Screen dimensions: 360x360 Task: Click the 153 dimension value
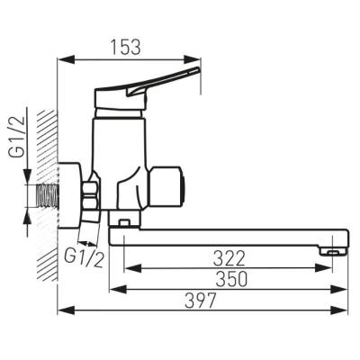click(x=125, y=47)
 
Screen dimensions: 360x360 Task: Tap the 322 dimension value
click(x=229, y=258)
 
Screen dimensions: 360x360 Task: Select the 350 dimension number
click(x=232, y=279)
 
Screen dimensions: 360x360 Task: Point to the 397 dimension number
click(x=200, y=300)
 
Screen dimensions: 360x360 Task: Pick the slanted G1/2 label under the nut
click(x=85, y=257)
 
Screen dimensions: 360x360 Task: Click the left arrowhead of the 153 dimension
click(x=66, y=59)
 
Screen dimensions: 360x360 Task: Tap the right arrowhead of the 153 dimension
click(x=193, y=59)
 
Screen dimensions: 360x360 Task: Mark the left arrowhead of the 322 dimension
click(x=132, y=268)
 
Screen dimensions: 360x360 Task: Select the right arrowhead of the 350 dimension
click(x=339, y=289)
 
